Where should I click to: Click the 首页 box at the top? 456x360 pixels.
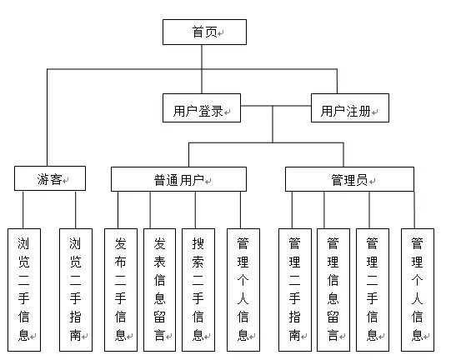[204, 32]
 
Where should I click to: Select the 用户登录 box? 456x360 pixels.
[202, 107]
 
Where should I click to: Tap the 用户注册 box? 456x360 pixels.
[350, 107]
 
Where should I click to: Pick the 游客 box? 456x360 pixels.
[50, 178]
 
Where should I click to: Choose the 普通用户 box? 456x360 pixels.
[178, 179]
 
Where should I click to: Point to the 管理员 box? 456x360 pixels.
[349, 179]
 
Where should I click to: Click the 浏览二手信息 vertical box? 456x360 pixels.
[24, 290]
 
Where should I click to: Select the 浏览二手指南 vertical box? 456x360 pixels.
[76, 290]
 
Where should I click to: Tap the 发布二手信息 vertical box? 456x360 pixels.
[121, 290]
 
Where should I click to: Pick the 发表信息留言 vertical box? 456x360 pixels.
[160, 290]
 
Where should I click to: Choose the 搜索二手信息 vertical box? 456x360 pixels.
[198, 290]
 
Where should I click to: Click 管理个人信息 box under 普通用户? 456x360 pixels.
[243, 290]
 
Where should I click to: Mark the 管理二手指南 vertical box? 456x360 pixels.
[295, 290]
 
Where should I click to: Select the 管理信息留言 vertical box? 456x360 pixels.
[333, 290]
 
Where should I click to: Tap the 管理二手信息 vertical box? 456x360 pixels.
[373, 290]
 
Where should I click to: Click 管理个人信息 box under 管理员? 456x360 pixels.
[418, 290]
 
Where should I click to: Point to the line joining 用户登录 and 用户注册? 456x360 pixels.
[276, 106]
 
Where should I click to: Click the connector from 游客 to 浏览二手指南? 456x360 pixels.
[76, 210]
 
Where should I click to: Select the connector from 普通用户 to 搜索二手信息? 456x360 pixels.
[195, 210]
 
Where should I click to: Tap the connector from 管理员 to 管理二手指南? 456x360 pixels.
[292, 210]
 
